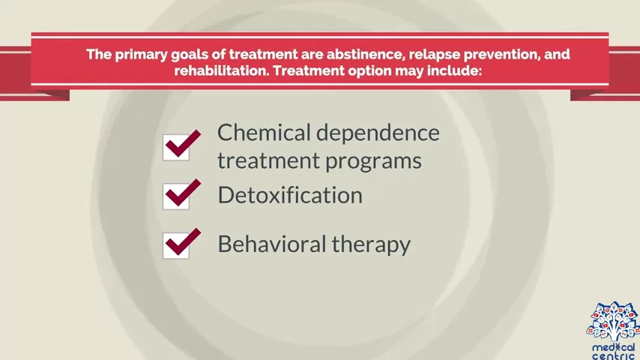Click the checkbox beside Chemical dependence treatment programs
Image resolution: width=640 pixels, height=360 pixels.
click(x=176, y=147)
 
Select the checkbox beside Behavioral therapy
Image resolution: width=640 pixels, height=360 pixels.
click(x=176, y=245)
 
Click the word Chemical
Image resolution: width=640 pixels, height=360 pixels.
click(x=264, y=133)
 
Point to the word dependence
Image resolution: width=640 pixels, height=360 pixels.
click(x=378, y=133)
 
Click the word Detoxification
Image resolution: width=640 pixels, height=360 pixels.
click(x=290, y=195)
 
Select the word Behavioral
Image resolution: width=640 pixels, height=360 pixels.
click(x=272, y=244)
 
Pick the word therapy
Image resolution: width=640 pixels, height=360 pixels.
click(x=371, y=245)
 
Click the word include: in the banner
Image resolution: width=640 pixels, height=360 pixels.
click(x=455, y=70)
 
